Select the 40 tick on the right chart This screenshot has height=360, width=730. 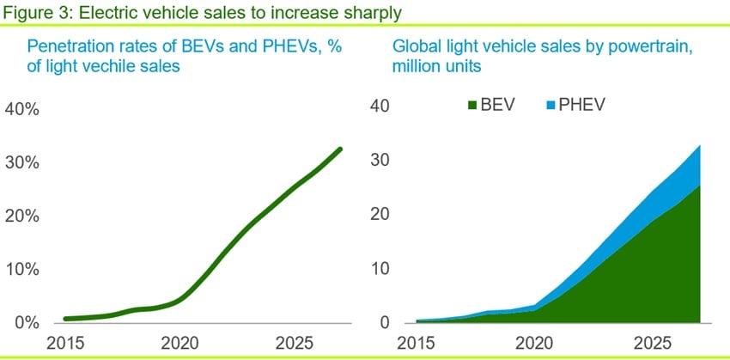pyautogui.click(x=382, y=107)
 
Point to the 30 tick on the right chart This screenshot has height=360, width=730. pyautogui.click(x=382, y=161)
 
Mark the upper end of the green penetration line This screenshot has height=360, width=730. pyautogui.click(x=340, y=149)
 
